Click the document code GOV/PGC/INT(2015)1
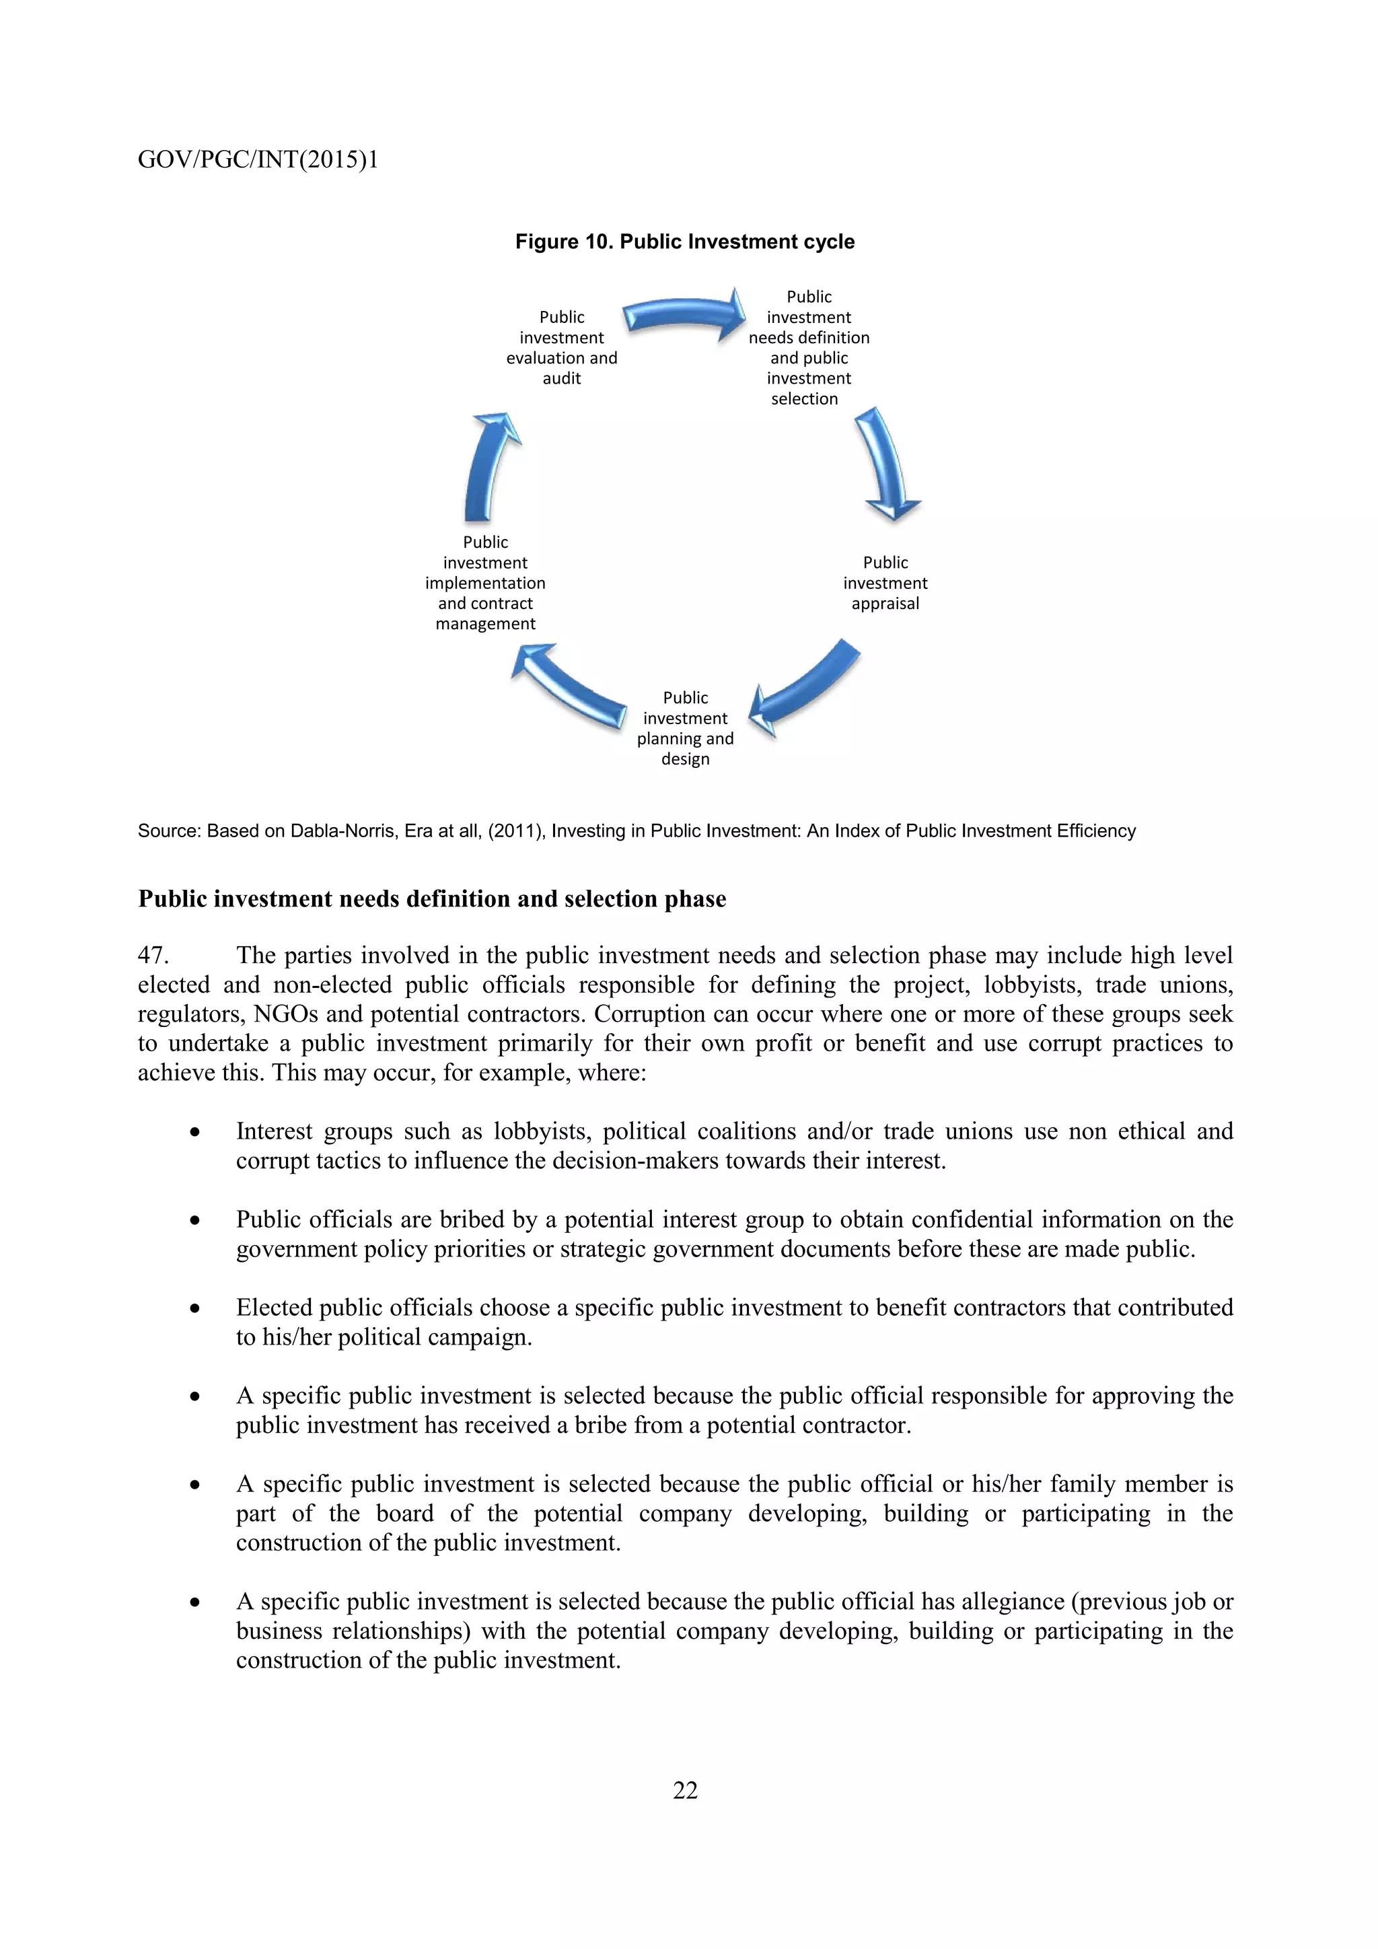(258, 160)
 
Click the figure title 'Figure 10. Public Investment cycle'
(685, 242)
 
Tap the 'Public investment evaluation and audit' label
(562, 348)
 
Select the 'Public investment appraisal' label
(885, 583)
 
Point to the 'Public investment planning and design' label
(686, 728)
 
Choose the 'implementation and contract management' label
(485, 583)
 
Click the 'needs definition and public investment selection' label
(809, 348)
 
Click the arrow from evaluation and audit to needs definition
(684, 315)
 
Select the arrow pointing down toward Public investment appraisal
(888, 464)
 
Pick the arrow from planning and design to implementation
(568, 686)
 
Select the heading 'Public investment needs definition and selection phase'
(432, 899)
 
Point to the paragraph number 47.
(153, 956)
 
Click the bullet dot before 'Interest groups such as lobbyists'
(195, 1133)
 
